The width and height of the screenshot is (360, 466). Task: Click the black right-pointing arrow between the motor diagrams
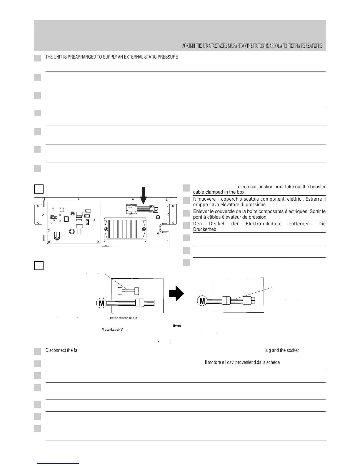point(176,294)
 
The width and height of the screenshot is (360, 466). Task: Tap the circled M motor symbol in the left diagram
point(101,303)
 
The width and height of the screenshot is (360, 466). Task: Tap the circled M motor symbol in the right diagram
point(202,301)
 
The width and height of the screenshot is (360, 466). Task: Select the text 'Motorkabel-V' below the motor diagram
point(112,329)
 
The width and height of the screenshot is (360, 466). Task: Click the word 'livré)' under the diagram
point(177,326)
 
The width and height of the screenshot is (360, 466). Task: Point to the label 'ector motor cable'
point(121,318)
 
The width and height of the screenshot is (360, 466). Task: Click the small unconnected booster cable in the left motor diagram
point(128,291)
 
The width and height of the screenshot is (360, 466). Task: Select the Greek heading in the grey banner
point(252,46)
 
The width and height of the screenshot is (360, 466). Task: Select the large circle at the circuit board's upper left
point(62,210)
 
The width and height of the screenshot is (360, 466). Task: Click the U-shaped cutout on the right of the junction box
point(163,227)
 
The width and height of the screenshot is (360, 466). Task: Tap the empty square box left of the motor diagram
point(39,265)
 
